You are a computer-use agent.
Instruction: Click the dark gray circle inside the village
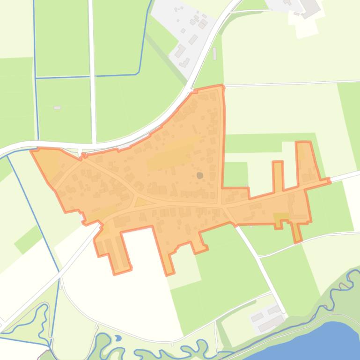point(200,175)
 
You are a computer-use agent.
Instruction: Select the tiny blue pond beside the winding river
point(118,338)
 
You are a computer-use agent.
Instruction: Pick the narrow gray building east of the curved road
point(215,53)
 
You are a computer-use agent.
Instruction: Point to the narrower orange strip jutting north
point(278,176)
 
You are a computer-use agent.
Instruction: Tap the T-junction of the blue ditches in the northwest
point(36,78)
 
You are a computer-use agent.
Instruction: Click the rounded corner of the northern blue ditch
point(138,72)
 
